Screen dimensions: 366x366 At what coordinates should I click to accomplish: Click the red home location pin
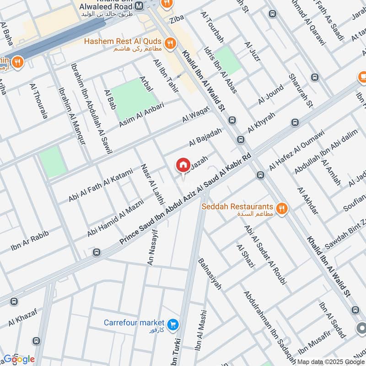(183, 165)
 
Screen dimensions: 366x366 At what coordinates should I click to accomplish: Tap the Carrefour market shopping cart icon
(172, 324)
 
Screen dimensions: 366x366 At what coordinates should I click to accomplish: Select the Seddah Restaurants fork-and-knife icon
(282, 209)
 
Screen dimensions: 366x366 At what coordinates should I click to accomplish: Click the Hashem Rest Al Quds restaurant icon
(171, 43)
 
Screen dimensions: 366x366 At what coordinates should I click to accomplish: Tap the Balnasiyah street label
(209, 274)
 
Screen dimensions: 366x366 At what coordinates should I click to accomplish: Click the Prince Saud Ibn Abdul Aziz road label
(185, 201)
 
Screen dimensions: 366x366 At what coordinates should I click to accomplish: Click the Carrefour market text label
(133, 322)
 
